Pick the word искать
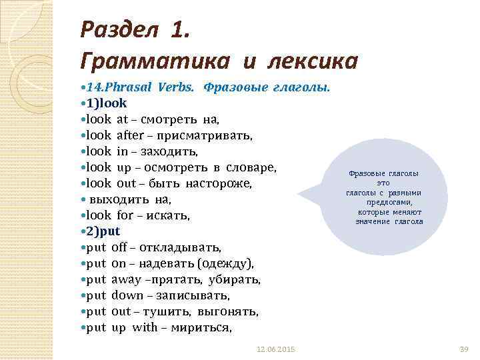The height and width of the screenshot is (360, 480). tap(171, 215)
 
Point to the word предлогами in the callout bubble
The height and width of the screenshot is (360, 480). tap(389, 202)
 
